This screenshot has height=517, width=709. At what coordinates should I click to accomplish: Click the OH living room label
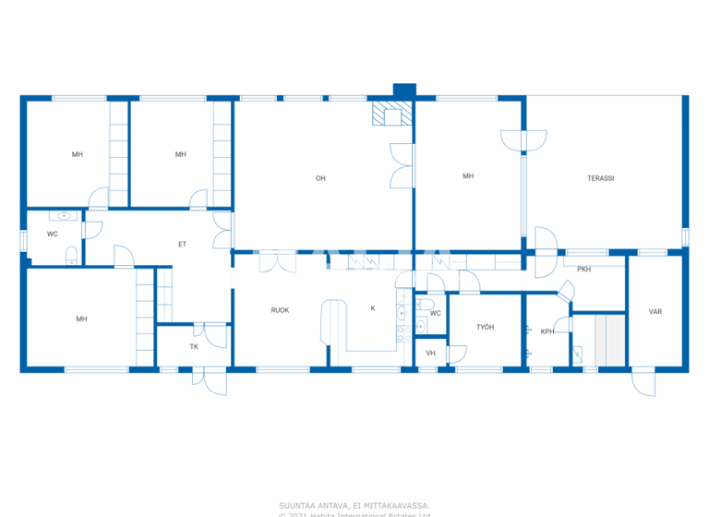[320, 178]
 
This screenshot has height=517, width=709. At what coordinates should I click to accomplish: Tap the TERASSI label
[600, 177]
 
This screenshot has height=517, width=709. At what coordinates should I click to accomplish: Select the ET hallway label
[182, 244]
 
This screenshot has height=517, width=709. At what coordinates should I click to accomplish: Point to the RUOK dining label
[280, 310]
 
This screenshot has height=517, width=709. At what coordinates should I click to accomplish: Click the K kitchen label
[373, 307]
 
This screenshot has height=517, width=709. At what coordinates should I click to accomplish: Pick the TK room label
[194, 347]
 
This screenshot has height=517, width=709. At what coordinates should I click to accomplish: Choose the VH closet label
[430, 354]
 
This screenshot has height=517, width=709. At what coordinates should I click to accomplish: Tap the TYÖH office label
[486, 327]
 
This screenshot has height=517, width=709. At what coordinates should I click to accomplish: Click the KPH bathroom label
[547, 331]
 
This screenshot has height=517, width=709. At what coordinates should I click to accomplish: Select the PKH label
[583, 270]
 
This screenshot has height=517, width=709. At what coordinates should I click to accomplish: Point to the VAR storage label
[655, 312]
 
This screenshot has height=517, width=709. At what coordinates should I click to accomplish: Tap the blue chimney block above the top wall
[404, 90]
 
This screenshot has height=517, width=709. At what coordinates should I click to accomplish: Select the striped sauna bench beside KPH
[609, 339]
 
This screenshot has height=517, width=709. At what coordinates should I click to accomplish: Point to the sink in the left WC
[65, 216]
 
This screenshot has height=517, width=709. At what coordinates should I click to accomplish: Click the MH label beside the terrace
[468, 176]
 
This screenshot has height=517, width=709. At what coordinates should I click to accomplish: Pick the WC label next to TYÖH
[435, 314]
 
